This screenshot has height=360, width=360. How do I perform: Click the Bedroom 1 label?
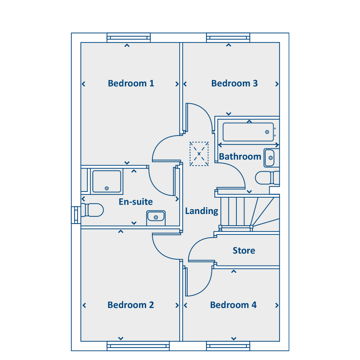click(x=131, y=83)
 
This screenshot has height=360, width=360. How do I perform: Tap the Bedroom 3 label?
click(x=234, y=83)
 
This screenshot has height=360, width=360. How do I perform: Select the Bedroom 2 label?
click(x=131, y=305)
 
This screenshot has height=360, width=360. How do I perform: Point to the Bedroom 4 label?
click(x=233, y=305)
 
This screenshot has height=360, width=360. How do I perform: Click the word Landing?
click(x=202, y=211)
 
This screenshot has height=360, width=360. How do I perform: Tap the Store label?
click(x=244, y=250)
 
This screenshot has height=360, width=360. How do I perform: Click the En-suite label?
click(x=136, y=202)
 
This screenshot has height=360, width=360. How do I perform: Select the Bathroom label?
click(x=240, y=156)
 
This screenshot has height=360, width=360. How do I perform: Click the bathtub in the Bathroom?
click(x=248, y=132)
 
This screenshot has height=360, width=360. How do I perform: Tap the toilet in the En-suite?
click(x=92, y=210)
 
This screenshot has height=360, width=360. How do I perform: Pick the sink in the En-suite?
click(x=156, y=217)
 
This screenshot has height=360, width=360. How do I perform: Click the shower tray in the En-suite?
click(x=107, y=181)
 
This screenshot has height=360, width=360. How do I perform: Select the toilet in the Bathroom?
click(x=267, y=178)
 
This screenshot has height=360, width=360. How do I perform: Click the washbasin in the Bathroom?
click(x=269, y=158)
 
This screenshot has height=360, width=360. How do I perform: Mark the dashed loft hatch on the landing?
click(x=199, y=154)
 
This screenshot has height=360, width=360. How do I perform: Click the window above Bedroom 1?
click(x=128, y=38)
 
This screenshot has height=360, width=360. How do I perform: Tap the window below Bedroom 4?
click(x=228, y=346)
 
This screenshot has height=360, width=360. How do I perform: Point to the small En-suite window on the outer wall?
click(x=76, y=215)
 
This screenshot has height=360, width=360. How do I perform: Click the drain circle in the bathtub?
click(x=267, y=132)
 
